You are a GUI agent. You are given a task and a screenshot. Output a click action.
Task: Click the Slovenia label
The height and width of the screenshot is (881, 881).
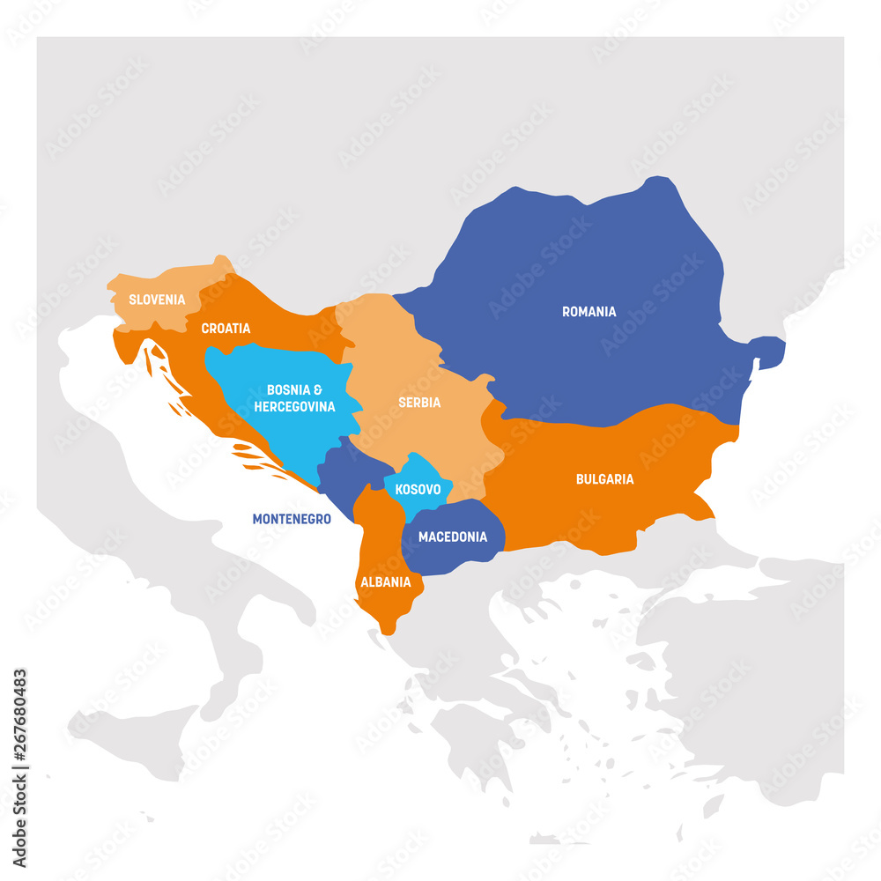157,300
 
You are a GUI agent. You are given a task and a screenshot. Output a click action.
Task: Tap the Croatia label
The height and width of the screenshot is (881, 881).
226,329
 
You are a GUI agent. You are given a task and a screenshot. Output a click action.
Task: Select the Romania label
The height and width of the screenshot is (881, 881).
589,311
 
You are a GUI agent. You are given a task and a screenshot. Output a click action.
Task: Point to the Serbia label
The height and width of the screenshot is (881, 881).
419,403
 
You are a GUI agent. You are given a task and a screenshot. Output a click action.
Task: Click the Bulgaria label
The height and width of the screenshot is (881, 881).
604,479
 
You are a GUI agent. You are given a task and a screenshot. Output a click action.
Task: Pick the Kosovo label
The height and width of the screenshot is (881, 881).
418,488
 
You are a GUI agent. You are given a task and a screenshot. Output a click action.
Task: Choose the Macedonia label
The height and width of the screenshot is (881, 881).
452,537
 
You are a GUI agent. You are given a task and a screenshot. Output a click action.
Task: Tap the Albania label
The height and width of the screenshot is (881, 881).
385,581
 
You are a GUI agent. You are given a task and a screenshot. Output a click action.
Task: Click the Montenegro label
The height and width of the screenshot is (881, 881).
292,519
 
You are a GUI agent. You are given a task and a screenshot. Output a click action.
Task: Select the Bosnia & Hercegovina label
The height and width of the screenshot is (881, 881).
294,398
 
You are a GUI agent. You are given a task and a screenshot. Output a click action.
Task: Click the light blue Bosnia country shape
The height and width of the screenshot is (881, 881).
264,370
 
